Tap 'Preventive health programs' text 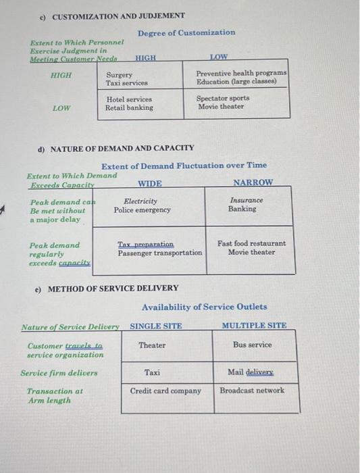click(x=241, y=73)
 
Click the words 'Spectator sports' click(x=222, y=98)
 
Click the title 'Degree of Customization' click(x=186, y=32)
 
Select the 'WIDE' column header click(x=150, y=183)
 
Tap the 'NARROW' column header click(x=253, y=183)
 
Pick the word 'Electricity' click(x=141, y=201)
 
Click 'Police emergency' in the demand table click(x=142, y=210)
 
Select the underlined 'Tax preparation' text click(x=145, y=244)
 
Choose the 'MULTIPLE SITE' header click(x=254, y=326)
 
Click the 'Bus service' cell click(x=253, y=345)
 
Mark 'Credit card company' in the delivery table click(x=165, y=391)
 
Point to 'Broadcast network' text click(x=252, y=391)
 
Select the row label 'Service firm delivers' click(x=59, y=372)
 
